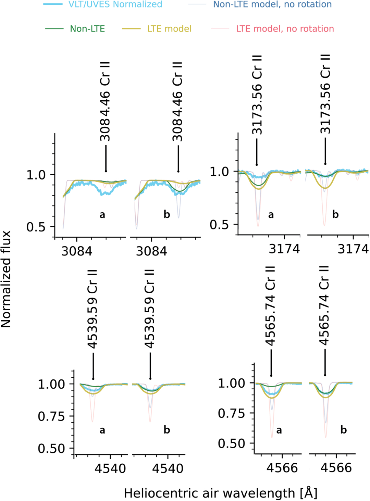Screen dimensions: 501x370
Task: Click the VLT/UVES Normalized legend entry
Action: pyautogui.click(x=115, y=4)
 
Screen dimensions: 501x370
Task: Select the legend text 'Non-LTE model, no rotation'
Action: pyautogui.click(x=272, y=4)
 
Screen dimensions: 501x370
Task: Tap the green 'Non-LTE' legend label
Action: pyautogui.click(x=87, y=29)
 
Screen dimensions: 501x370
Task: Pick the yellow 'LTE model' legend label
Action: pyautogui.click(x=169, y=29)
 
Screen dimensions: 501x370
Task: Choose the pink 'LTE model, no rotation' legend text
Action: pyautogui.click(x=285, y=29)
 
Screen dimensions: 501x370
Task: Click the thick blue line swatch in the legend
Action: pyautogui.click(x=53, y=4)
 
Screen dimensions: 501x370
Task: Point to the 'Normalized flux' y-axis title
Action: pyautogui.click(x=6, y=279)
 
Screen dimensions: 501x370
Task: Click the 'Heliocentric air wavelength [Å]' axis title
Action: pyautogui.click(x=220, y=493)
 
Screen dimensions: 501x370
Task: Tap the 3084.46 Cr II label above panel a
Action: pyautogui.click(x=105, y=101)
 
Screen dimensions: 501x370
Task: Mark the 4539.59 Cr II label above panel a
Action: pyautogui.click(x=92, y=309)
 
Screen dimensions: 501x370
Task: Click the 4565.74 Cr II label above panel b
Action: pyautogui.click(x=324, y=305)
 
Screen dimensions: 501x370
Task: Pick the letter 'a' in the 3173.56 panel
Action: pyautogui.click(x=271, y=215)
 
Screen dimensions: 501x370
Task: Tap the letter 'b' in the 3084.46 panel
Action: pyautogui.click(x=167, y=215)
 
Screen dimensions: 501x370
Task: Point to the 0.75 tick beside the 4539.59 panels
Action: pyautogui.click(x=51, y=416)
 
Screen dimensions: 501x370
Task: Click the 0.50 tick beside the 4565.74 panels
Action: pyautogui.click(x=231, y=443)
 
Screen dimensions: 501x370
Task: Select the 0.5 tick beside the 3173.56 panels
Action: pyautogui.click(x=219, y=225)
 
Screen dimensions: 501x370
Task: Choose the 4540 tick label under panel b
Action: pyautogui.click(x=168, y=468)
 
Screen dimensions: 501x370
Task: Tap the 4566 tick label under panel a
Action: pyautogui.click(x=282, y=468)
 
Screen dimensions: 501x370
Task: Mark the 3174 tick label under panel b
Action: pyautogui.click(x=353, y=249)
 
